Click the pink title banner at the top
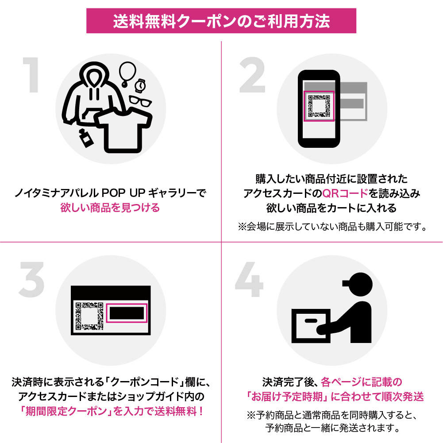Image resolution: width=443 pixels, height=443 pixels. click(x=221, y=21)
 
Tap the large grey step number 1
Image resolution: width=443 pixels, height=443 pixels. click(x=31, y=75)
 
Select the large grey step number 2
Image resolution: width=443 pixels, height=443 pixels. click(x=252, y=75)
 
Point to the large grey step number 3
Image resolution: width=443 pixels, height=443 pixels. click(x=32, y=279)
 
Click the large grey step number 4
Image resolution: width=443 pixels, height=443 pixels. click(x=249, y=279)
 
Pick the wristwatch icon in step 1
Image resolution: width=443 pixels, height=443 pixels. click(x=140, y=85)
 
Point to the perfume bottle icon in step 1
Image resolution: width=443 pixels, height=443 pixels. click(x=85, y=138)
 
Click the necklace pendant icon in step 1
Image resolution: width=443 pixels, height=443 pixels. click(x=127, y=74)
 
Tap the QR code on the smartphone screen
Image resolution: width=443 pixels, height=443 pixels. click(x=319, y=106)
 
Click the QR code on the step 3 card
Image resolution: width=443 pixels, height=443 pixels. click(x=89, y=316)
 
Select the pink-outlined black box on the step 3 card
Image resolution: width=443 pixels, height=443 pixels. click(x=127, y=313)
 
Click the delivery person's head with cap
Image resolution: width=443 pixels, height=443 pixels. click(x=358, y=284)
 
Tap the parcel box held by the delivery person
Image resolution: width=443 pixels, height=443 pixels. click(x=311, y=326)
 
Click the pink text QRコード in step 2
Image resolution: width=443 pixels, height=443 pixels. click(x=345, y=193)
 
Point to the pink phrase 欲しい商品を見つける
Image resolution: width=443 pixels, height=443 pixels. click(x=110, y=208)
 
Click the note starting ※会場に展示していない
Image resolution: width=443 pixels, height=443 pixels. click(x=332, y=227)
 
